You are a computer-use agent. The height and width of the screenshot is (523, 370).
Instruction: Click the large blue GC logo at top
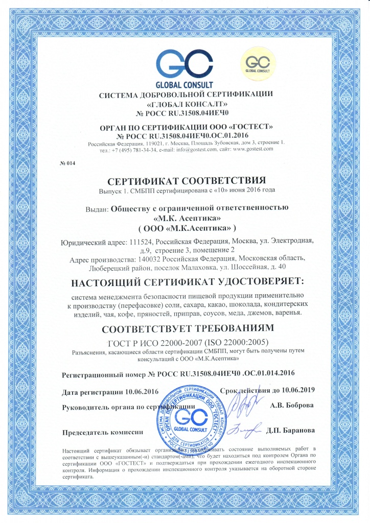184,64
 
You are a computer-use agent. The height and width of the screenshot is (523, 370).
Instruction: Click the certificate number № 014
67,163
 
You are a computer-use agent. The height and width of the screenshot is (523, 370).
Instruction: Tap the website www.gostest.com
250,149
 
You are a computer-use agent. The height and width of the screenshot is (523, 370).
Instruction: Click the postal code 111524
138,240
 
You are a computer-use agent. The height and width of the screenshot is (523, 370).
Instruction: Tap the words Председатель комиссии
102,432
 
